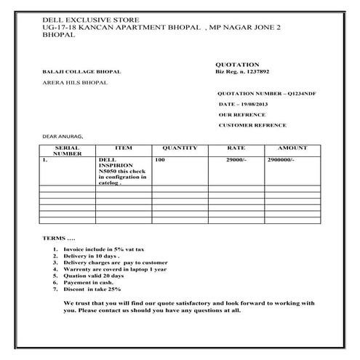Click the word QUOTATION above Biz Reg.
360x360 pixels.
coord(237,64)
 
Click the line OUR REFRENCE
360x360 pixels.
coord(242,115)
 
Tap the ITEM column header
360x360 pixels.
coord(124,148)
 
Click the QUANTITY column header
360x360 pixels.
coord(180,148)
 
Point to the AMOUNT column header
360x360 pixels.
coord(292,148)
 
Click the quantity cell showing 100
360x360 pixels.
coord(161,159)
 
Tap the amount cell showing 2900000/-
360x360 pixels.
coord(281,159)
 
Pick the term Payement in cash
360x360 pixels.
coord(87,282)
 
